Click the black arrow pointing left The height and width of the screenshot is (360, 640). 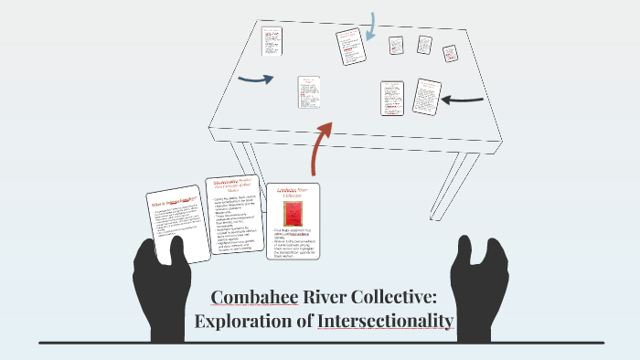click(464, 99)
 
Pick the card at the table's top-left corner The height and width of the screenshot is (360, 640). click(272, 41)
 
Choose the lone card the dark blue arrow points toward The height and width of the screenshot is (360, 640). click(308, 91)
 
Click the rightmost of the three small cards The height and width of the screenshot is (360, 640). click(451, 54)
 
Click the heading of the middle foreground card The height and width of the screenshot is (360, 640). click(233, 186)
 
